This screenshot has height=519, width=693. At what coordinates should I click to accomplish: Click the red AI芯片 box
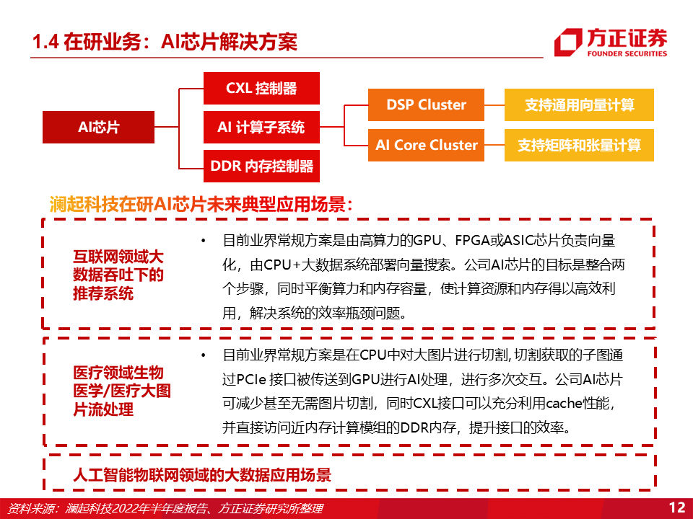[x=99, y=127]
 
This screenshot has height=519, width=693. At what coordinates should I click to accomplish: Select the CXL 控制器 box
[x=261, y=88]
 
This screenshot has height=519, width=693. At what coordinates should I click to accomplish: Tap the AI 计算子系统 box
[x=261, y=128]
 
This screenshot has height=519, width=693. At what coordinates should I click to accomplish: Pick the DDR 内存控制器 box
[x=261, y=167]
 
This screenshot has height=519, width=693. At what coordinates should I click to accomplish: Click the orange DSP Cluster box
[x=426, y=105]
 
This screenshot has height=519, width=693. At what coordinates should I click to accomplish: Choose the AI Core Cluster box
[x=426, y=145]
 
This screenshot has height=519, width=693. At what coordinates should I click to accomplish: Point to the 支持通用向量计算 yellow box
[x=579, y=105]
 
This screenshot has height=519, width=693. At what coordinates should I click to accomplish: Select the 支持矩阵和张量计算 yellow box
[x=579, y=145]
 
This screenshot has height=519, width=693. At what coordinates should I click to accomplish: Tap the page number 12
[x=677, y=507]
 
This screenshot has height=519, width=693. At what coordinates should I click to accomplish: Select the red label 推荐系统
[x=103, y=293]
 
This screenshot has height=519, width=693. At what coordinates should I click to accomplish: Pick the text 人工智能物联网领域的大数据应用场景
[x=202, y=475]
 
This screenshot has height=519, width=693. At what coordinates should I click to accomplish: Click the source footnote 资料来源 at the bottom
[x=165, y=508]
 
